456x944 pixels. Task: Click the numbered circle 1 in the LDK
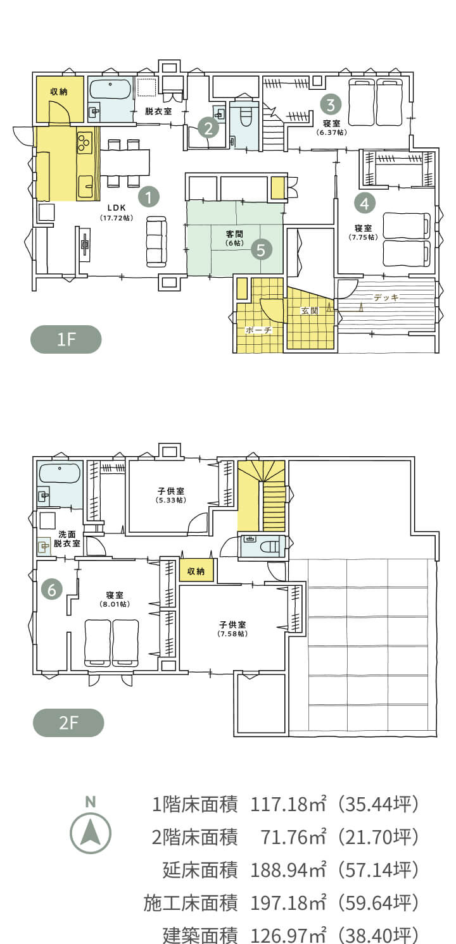(x=148, y=196)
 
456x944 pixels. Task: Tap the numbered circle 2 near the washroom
(x=208, y=128)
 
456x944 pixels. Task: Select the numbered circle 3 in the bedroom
(x=331, y=104)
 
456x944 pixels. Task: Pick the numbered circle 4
(x=365, y=204)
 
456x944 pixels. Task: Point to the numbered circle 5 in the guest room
(x=261, y=249)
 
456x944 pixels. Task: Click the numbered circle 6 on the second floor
(x=51, y=590)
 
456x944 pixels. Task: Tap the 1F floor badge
(x=66, y=339)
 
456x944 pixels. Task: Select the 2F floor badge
(x=68, y=723)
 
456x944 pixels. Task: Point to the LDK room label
(x=117, y=208)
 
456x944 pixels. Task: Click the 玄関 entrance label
(x=309, y=311)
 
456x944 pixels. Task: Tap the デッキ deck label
(x=386, y=297)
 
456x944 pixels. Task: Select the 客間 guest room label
(x=234, y=234)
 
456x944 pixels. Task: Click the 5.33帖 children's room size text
(x=171, y=500)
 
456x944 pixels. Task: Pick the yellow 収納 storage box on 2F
(x=196, y=571)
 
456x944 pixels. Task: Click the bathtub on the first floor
(x=110, y=89)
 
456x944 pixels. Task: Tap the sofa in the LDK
(x=156, y=242)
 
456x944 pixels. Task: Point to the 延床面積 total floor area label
(x=200, y=870)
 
